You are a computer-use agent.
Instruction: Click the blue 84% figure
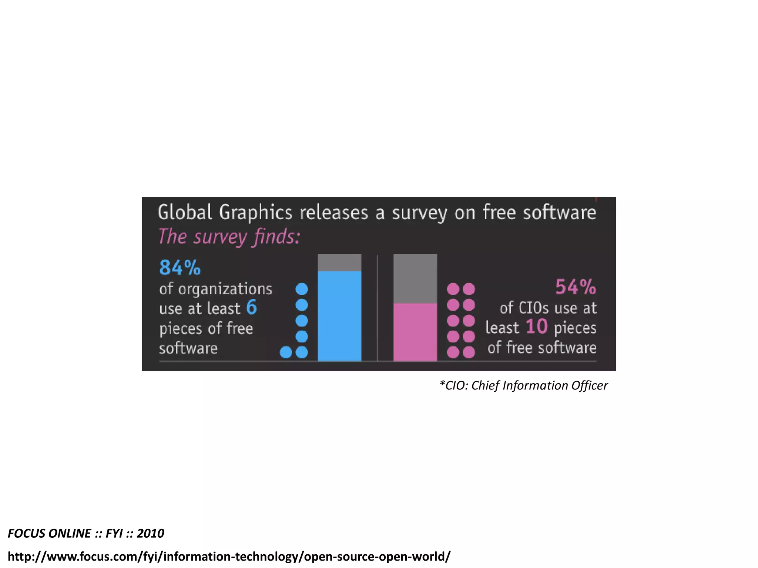click(x=180, y=268)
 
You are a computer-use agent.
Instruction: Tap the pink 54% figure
click(x=576, y=287)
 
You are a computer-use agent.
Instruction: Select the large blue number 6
click(x=251, y=307)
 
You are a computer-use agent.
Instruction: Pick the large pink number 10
click(x=536, y=327)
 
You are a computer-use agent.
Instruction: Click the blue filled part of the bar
click(x=339, y=316)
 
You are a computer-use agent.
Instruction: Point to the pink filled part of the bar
click(x=415, y=332)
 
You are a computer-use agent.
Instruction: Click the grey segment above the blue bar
click(x=339, y=263)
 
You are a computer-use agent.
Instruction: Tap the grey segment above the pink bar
click(x=415, y=278)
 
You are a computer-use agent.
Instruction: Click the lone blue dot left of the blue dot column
click(x=286, y=352)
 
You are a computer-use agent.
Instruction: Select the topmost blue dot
click(x=302, y=289)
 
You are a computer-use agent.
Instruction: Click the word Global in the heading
click(x=185, y=213)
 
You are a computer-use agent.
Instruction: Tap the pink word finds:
click(x=277, y=237)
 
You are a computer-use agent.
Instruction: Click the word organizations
click(x=225, y=289)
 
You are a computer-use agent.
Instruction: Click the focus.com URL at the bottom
click(x=229, y=556)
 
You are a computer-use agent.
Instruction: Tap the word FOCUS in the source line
click(x=26, y=533)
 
